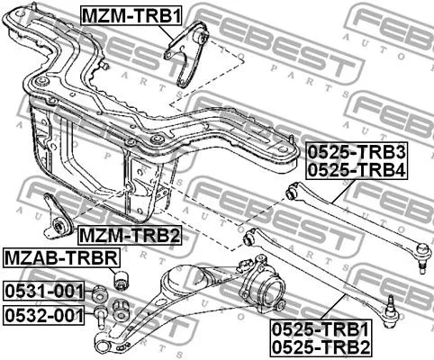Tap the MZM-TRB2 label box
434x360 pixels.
point(129,236)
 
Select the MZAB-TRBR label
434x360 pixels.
point(60,258)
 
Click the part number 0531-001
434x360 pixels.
point(42,291)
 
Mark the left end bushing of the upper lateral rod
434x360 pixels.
point(290,193)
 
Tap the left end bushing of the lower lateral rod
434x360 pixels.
point(249,238)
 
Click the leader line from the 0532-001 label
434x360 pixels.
point(89,315)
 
